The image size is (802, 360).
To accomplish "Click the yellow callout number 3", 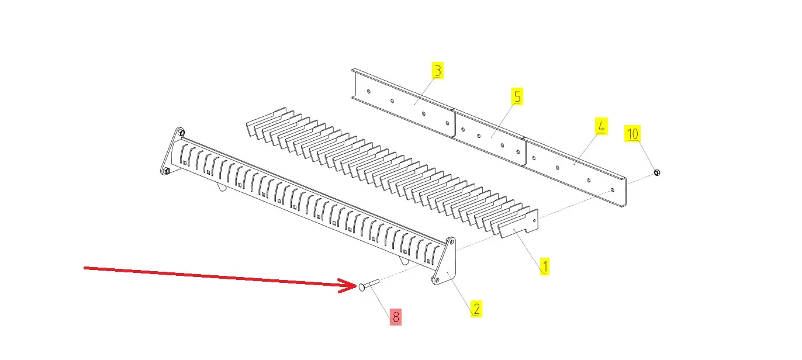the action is pyautogui.click(x=437, y=70).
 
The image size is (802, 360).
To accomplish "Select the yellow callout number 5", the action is pyautogui.click(x=517, y=96).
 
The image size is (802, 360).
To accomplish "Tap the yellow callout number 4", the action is pyautogui.click(x=601, y=126).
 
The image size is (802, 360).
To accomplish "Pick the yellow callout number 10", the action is pyautogui.click(x=632, y=134).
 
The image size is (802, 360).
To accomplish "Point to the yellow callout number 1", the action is pyautogui.click(x=545, y=266).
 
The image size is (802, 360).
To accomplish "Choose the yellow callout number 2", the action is pyautogui.click(x=476, y=309).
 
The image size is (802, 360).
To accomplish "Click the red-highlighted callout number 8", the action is pyautogui.click(x=396, y=317).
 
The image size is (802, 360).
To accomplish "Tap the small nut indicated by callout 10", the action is pyautogui.click(x=656, y=172).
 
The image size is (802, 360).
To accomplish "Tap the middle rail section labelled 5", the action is pyautogui.click(x=489, y=138).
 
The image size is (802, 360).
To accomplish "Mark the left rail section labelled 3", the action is pyautogui.click(x=403, y=103).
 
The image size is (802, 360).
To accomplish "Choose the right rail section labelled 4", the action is pyautogui.click(x=575, y=171).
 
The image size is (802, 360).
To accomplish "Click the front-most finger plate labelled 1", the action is pyautogui.click(x=518, y=224).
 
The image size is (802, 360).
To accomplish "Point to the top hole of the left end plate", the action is pyautogui.click(x=182, y=133).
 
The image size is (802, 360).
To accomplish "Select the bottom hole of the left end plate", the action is pyautogui.click(x=166, y=170).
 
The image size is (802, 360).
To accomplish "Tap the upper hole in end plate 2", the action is pyautogui.click(x=452, y=243).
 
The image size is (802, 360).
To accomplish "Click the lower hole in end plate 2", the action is pyautogui.click(x=437, y=279).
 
